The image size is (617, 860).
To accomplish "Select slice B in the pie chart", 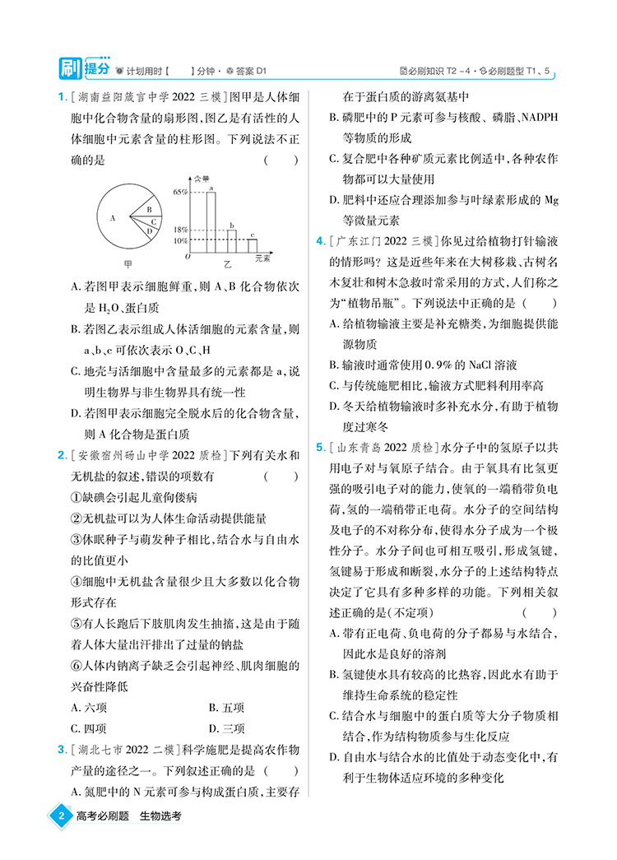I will tap(149, 210).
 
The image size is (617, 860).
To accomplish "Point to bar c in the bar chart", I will tap(253, 245).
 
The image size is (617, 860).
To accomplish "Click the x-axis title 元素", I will tap(262, 258).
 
